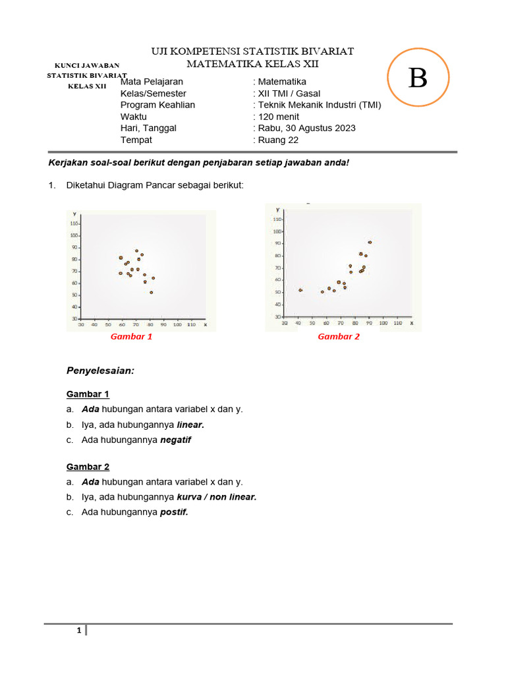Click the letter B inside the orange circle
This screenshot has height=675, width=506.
(418, 78)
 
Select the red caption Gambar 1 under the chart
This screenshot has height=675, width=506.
(131, 336)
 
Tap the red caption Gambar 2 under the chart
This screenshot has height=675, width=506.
(339, 336)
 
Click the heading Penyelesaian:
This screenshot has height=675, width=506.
(100, 371)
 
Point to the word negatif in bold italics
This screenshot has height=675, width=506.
(175, 440)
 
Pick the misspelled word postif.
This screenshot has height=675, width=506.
(174, 512)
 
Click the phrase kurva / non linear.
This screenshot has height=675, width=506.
(216, 497)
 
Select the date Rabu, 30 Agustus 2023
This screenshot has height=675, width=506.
(306, 128)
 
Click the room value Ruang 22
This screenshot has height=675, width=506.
(279, 140)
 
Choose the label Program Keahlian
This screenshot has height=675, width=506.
(157, 105)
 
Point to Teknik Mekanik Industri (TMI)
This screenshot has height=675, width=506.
(319, 105)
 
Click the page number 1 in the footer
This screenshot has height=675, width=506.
(79, 631)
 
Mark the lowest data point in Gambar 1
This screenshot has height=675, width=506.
(151, 292)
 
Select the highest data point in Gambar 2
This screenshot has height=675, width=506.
(370, 243)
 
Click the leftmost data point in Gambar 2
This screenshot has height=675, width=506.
(300, 290)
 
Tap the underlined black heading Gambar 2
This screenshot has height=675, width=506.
(88, 467)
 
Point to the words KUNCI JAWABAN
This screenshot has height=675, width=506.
(86, 65)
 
